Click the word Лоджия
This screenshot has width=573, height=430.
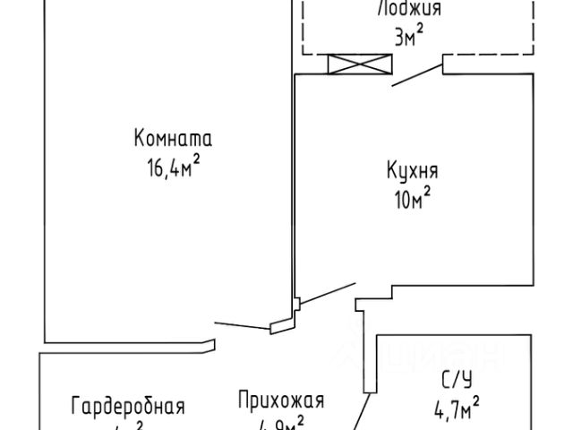point(410,10)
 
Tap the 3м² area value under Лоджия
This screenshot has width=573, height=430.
point(408,37)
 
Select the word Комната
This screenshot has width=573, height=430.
point(172,139)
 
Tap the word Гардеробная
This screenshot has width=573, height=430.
point(128,406)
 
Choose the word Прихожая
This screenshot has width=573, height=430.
point(280,400)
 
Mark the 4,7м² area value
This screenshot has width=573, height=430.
point(456,412)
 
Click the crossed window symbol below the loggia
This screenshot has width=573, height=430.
point(361,64)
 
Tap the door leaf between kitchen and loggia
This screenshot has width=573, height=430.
point(418,75)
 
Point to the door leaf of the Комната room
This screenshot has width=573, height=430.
point(243,325)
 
